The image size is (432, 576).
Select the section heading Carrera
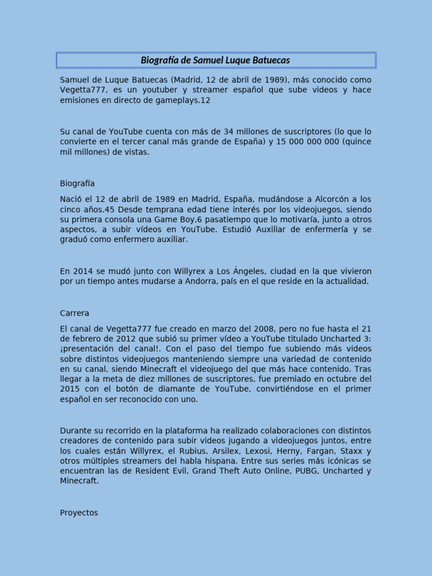(74, 313)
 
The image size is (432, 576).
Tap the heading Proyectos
(79, 512)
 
